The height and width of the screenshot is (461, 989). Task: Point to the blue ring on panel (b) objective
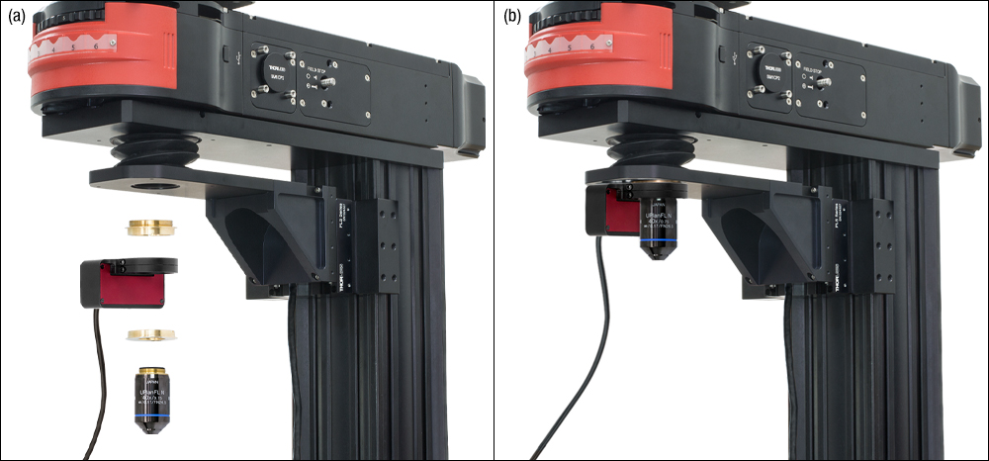(x=658, y=239)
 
